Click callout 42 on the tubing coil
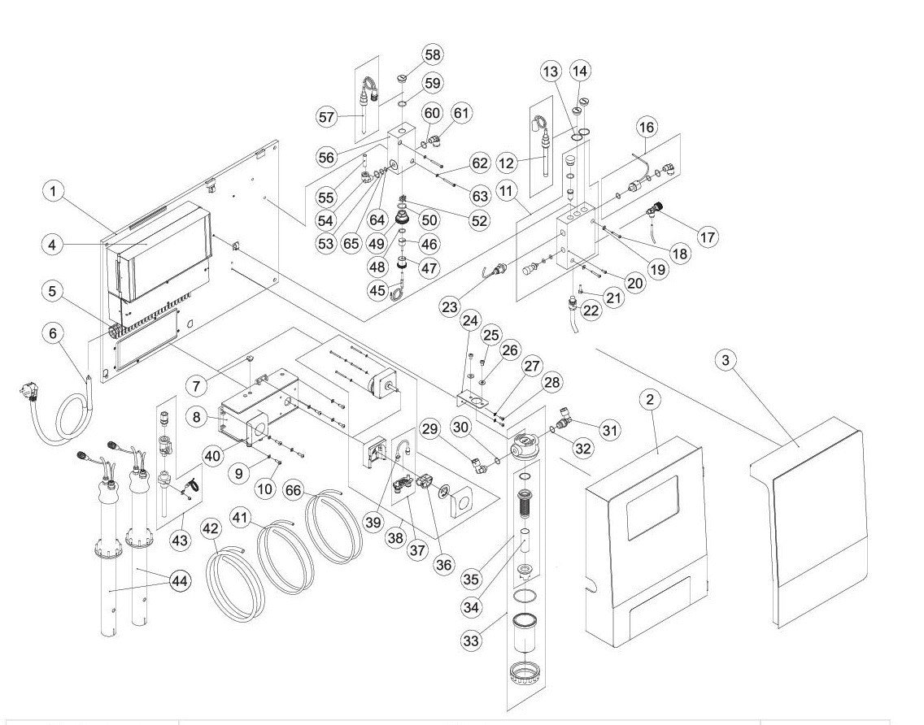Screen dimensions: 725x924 (x=211, y=529)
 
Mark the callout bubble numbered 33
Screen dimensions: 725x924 (x=473, y=641)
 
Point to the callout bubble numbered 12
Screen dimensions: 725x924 (x=508, y=163)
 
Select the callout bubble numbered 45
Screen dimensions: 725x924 (x=377, y=290)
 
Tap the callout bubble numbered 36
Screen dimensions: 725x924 (x=444, y=563)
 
